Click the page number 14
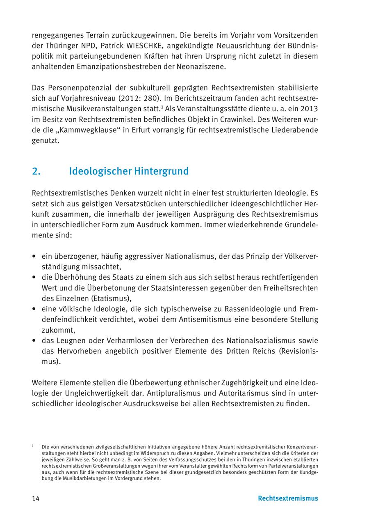click(36, 498)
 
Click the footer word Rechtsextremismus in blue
click(288, 498)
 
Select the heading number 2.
click(36, 171)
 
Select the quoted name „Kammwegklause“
click(90, 130)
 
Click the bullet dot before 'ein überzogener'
click(34, 256)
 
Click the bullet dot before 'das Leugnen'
click(34, 340)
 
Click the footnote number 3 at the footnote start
click(32, 445)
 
